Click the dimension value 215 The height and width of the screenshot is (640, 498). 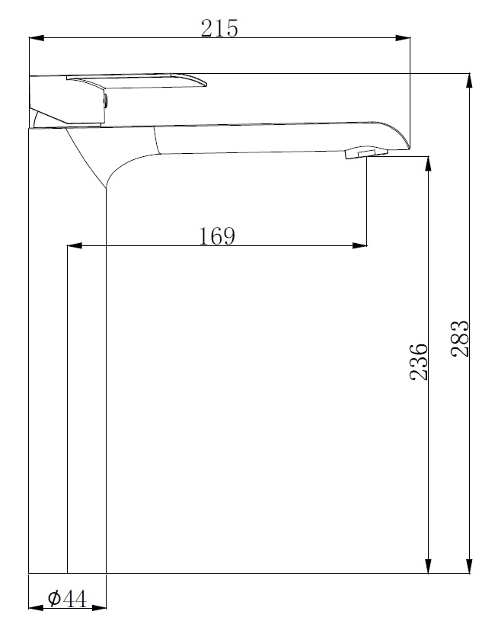click(219, 28)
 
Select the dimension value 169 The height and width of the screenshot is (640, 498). click(217, 236)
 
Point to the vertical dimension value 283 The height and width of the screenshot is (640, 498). click(460, 338)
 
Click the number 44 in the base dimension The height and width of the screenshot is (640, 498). click(75, 600)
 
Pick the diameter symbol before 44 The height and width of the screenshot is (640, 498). click(54, 600)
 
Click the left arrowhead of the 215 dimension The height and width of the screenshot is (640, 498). click(35, 37)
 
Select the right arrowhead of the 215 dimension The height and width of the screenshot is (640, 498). click(404, 37)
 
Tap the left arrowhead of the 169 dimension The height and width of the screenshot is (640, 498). click(74, 245)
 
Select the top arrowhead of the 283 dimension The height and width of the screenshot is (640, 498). click(470, 79)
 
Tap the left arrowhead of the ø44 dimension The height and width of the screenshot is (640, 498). click(34, 608)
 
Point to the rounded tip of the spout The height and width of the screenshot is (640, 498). click(401, 137)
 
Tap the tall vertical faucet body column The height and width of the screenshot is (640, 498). click(67, 366)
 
